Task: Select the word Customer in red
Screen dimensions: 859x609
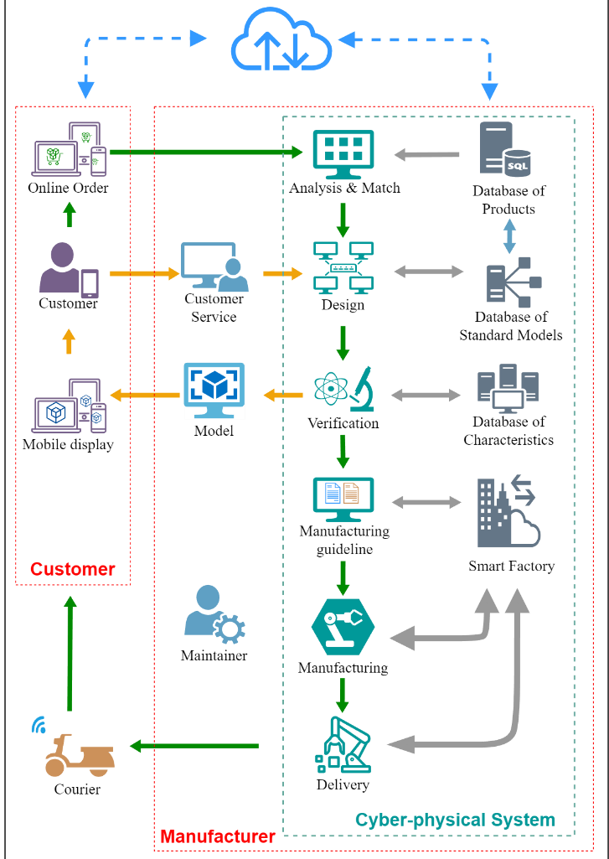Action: pyautogui.click(x=72, y=569)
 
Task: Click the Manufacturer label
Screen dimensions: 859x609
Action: pyautogui.click(x=217, y=836)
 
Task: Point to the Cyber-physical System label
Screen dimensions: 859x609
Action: pyautogui.click(x=455, y=819)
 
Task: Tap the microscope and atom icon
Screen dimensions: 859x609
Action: pyautogui.click(x=343, y=391)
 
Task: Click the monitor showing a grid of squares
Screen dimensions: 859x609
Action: pyautogui.click(x=343, y=154)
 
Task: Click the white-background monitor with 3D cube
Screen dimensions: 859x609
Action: pyautogui.click(x=214, y=391)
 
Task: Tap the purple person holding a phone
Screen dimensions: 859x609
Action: pyautogui.click(x=68, y=271)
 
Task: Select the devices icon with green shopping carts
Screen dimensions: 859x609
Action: pyautogui.click(x=70, y=150)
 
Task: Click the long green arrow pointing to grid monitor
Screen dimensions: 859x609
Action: pyautogui.click(x=206, y=153)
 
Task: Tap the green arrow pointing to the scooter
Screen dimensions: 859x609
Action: pyautogui.click(x=194, y=746)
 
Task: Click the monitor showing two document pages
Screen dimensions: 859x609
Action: pyautogui.click(x=343, y=498)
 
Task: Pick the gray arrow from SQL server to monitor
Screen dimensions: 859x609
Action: pyautogui.click(x=426, y=154)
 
